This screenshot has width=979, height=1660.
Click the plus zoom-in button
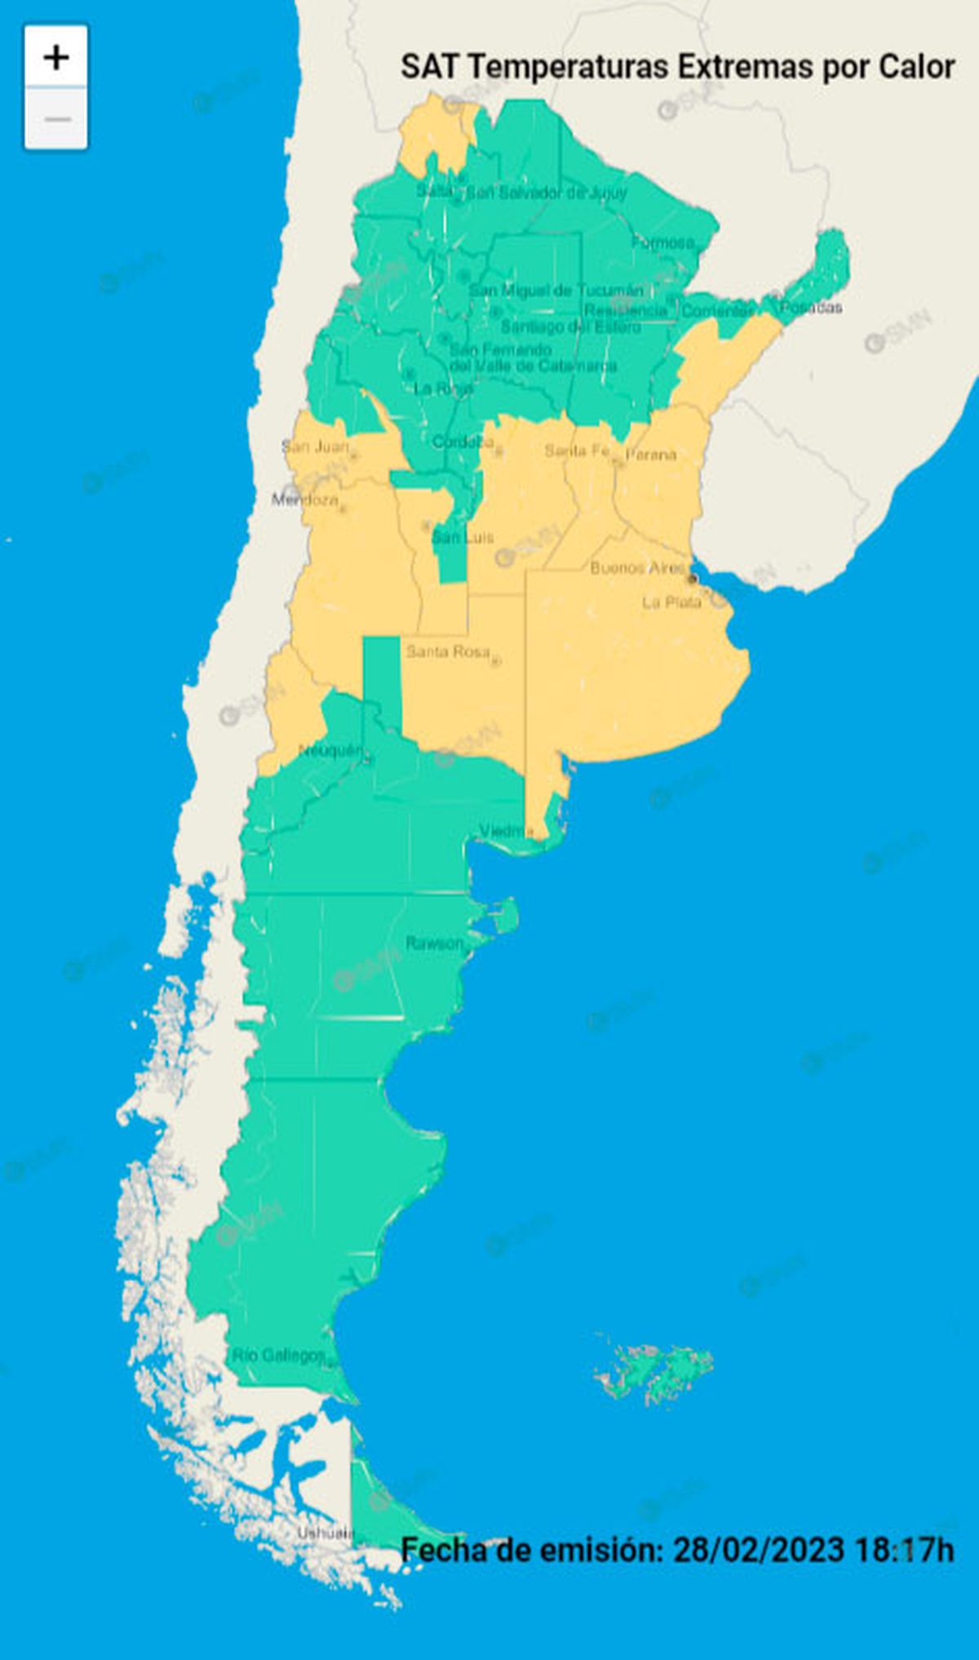click(56, 57)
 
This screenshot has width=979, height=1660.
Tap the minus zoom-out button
click(56, 119)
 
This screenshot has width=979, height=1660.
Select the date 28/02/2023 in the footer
click(758, 1548)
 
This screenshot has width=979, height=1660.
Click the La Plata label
click(671, 602)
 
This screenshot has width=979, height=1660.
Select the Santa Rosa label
click(448, 651)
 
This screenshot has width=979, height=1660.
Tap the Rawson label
click(434, 943)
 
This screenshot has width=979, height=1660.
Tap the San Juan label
click(315, 446)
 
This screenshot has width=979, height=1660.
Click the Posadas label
click(810, 307)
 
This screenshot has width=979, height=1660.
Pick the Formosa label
click(662, 242)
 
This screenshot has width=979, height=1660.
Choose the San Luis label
click(463, 537)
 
